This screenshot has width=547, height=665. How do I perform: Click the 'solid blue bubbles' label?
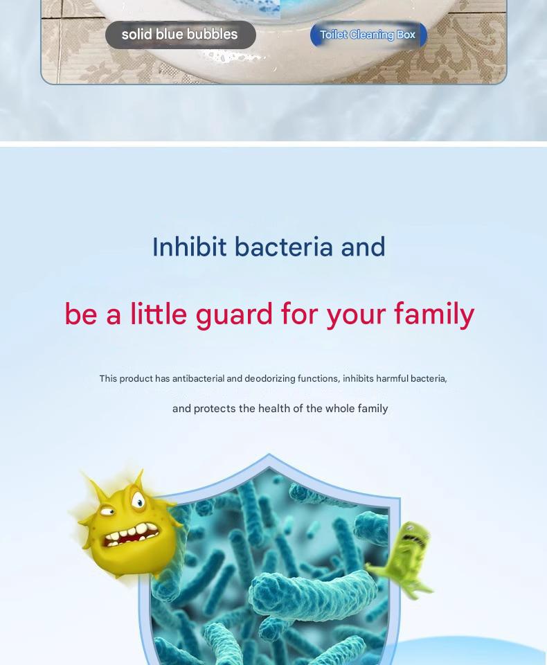(180, 35)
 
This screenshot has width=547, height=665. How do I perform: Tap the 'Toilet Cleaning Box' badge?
(368, 35)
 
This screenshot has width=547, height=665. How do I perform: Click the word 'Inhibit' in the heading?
(189, 247)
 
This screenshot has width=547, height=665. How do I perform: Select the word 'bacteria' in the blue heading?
(283, 247)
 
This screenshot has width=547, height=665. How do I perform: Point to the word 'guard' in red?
(234, 314)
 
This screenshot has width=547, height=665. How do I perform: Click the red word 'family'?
(434, 314)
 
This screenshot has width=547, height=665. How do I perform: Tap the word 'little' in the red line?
(159, 314)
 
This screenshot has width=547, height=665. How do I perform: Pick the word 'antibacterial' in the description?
(199, 378)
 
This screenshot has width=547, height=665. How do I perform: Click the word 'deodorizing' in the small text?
(269, 378)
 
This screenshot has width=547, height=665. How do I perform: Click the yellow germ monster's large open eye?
(138, 500)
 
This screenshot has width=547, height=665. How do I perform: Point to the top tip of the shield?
(269, 454)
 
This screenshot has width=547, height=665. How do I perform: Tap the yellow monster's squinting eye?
(109, 511)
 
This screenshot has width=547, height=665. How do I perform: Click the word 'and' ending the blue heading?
(363, 247)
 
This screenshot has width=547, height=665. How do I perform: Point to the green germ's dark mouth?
(411, 539)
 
